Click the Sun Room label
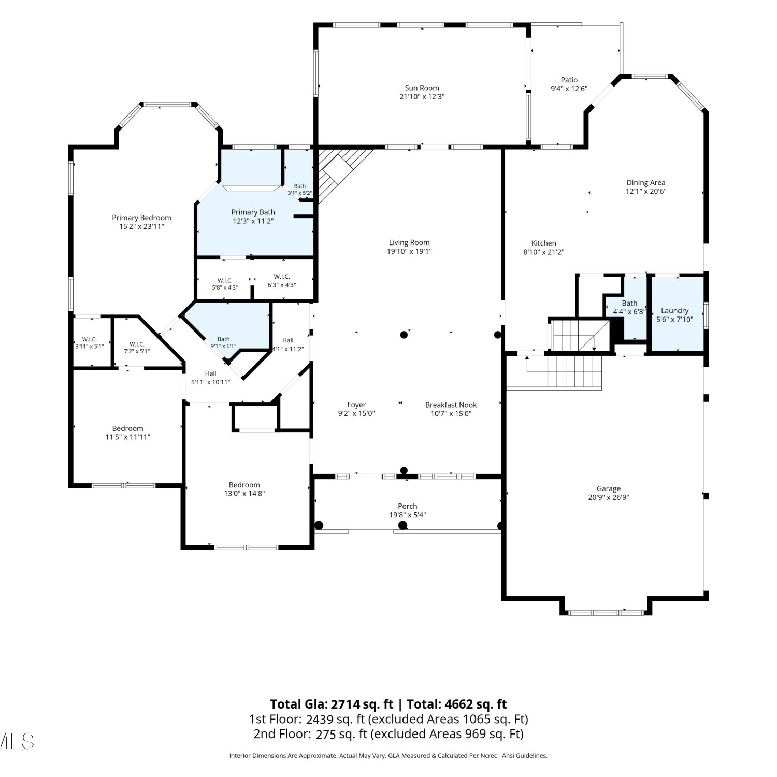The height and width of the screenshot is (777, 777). (422, 88)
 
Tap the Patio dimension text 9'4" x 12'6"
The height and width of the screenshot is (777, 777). (569, 89)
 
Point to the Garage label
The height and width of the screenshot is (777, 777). (608, 488)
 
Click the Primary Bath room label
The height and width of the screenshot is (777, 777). (253, 212)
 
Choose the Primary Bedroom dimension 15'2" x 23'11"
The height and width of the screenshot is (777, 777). (141, 226)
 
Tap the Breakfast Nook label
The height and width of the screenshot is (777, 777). (451, 405)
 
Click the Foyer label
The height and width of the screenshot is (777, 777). (356, 405)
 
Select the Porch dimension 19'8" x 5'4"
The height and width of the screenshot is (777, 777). (408, 515)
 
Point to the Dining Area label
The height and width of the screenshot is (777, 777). (645, 182)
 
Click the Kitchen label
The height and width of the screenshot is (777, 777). (543, 243)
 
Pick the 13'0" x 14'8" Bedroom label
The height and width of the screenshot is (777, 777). (244, 485)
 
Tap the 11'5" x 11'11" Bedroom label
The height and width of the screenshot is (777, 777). (127, 428)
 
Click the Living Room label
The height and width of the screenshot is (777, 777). (409, 242)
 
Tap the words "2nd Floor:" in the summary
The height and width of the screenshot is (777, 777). (282, 734)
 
